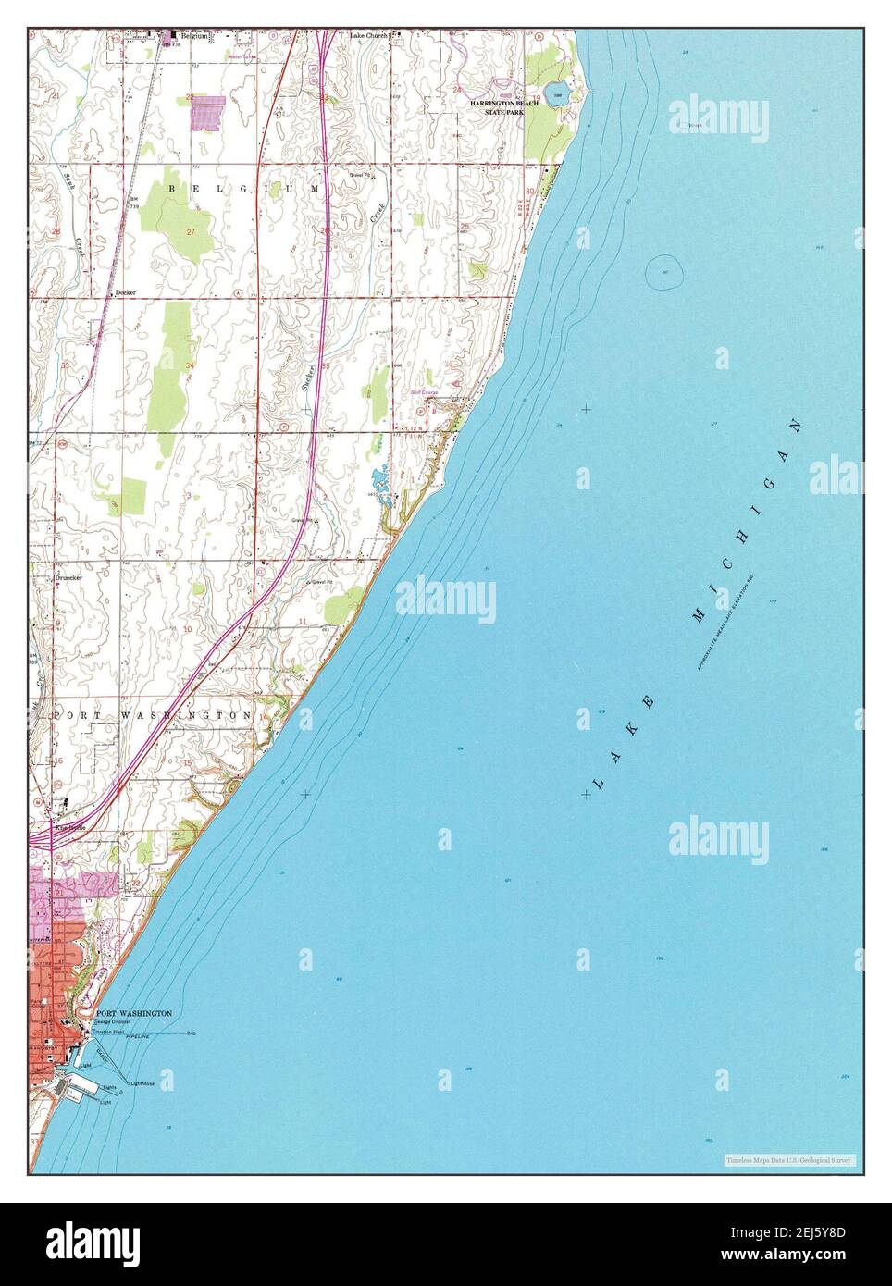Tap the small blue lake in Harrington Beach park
554,93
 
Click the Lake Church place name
368,36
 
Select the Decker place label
126,292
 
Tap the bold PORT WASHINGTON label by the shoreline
134,1014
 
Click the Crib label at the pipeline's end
192,1033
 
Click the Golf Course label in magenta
425,392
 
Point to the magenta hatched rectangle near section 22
207,112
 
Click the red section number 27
192,231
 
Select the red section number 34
189,366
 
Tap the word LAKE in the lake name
625,741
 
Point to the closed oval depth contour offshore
665,271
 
